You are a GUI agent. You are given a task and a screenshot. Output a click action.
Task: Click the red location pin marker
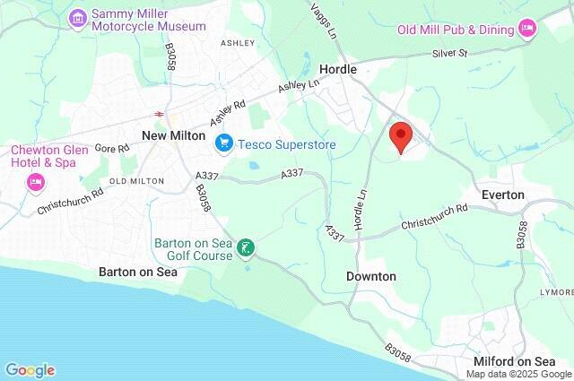[x=400, y=137]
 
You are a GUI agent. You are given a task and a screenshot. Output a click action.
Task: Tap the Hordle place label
[x=338, y=69]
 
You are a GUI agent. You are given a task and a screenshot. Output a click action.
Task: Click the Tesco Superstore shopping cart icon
[x=223, y=142]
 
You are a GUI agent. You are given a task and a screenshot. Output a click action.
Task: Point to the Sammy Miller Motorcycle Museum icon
[x=78, y=17]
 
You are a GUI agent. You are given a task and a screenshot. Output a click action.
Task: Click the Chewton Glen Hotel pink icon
[x=35, y=182]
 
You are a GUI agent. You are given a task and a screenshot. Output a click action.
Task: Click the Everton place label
[x=502, y=195]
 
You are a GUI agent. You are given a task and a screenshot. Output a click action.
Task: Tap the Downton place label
[x=370, y=276]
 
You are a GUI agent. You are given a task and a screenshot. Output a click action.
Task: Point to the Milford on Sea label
[x=515, y=360]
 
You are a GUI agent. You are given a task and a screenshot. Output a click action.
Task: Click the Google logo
[x=30, y=370]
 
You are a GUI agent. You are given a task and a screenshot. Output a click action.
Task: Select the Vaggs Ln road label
[x=324, y=19]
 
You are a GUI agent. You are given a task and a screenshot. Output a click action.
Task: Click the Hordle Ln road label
[x=361, y=207]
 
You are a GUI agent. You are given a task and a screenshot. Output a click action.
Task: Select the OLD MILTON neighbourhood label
[x=136, y=181]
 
